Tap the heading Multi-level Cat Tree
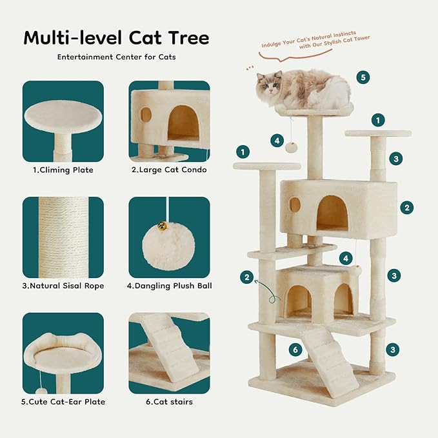click(116, 37)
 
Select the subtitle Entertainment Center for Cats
click(116, 57)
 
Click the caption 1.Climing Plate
click(63, 170)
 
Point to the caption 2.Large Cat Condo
click(169, 170)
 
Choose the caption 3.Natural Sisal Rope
click(63, 286)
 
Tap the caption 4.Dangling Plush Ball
click(169, 286)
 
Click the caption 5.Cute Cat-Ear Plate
click(63, 402)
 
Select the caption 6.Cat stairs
click(169, 402)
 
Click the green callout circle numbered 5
click(363, 77)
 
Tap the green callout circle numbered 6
click(295, 350)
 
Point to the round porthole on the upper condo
click(295, 204)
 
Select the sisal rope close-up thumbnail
click(63, 237)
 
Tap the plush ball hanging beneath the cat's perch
click(291, 147)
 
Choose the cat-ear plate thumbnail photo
click(63, 353)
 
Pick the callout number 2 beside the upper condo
click(406, 207)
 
